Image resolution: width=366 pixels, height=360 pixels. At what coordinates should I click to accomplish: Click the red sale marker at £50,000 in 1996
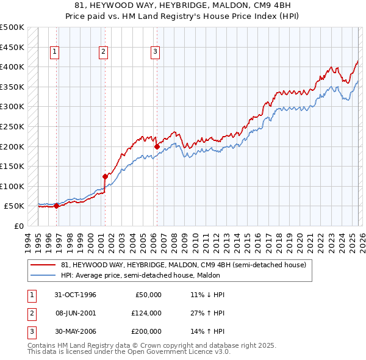click(x=57, y=206)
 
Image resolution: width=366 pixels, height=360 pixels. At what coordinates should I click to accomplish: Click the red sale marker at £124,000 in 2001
click(x=105, y=176)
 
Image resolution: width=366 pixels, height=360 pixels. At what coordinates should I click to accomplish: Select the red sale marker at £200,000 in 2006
click(x=157, y=146)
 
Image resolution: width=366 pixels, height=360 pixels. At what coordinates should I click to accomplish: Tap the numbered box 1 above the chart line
click(x=55, y=52)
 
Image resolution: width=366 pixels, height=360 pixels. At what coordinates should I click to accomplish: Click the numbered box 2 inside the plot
click(x=103, y=52)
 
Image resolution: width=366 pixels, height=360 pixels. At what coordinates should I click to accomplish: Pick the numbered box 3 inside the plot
click(x=155, y=52)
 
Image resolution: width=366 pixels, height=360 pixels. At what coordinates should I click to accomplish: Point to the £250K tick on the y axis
click(x=12, y=126)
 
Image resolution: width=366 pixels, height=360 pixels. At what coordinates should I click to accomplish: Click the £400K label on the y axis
click(x=12, y=67)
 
